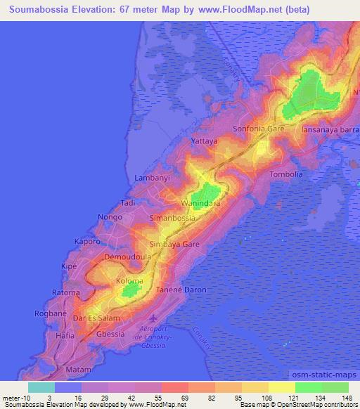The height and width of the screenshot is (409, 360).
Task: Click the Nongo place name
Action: (x=110, y=217)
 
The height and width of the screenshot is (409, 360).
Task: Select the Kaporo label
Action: (x=87, y=241)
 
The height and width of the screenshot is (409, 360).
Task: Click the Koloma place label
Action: (x=129, y=281)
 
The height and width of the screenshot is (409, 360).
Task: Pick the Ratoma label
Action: (x=67, y=292)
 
